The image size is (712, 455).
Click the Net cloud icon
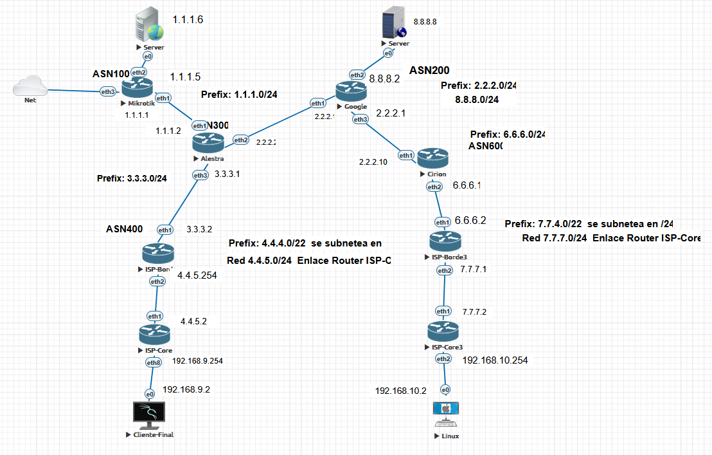pyautogui.click(x=30, y=87)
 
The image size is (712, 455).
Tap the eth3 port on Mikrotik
pyautogui.click(x=108, y=92)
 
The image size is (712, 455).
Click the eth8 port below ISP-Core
pyautogui.click(x=154, y=363)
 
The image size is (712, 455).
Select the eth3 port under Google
pyautogui.click(x=360, y=119)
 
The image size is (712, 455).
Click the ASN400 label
pyautogui.click(x=125, y=229)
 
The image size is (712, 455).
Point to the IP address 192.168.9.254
pyautogui.click(x=197, y=361)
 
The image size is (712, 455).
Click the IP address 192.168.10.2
pyautogui.click(x=400, y=391)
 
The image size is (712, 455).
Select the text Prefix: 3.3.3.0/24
pyautogui.click(x=132, y=178)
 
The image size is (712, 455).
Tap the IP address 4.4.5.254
pyautogui.click(x=197, y=275)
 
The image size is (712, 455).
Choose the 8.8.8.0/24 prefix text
pyautogui.click(x=477, y=100)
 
